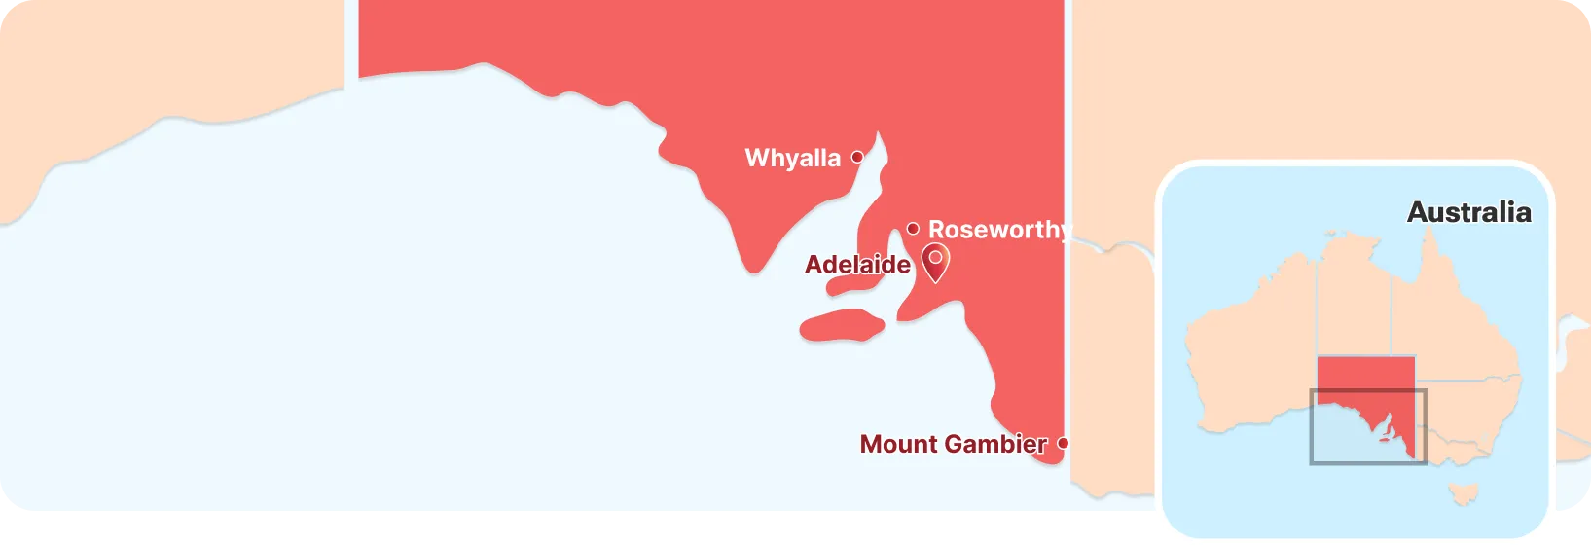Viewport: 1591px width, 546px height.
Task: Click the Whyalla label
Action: coord(792,159)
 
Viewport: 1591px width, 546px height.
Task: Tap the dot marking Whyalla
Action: coord(857,157)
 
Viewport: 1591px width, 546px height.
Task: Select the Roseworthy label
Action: coord(998,230)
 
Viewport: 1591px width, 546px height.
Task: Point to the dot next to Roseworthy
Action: coord(913,229)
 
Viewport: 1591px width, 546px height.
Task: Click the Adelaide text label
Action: coord(857,265)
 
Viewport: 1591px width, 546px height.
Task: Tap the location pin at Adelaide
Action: coord(935,261)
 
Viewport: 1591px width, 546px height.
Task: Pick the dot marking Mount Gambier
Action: coord(1063,443)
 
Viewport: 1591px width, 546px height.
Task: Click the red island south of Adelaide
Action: coord(842,325)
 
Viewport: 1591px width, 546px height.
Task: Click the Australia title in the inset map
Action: coord(1468,212)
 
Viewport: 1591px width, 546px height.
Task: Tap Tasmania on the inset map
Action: coord(1463,493)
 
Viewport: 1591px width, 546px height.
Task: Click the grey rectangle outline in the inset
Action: coord(1311,428)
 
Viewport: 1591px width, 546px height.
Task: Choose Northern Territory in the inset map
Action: coord(1354,302)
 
